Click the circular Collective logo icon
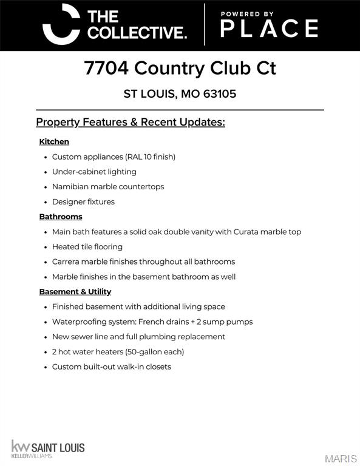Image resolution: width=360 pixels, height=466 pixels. coord(61,24)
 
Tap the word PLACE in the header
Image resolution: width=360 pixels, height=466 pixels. coord(268,29)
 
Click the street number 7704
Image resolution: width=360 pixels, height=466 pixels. coord(106,68)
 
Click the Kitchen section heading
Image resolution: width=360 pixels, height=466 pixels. coord(54,141)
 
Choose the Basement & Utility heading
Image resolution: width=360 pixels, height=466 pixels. coord(75,292)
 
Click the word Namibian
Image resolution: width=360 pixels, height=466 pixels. coord(70,187)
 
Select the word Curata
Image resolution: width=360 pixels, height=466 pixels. coord(246,232)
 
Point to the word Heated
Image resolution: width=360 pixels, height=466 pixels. coord(66,247)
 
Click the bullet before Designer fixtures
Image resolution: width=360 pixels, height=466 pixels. coord(46,202)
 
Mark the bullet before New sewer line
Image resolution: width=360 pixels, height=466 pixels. coord(46,337)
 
